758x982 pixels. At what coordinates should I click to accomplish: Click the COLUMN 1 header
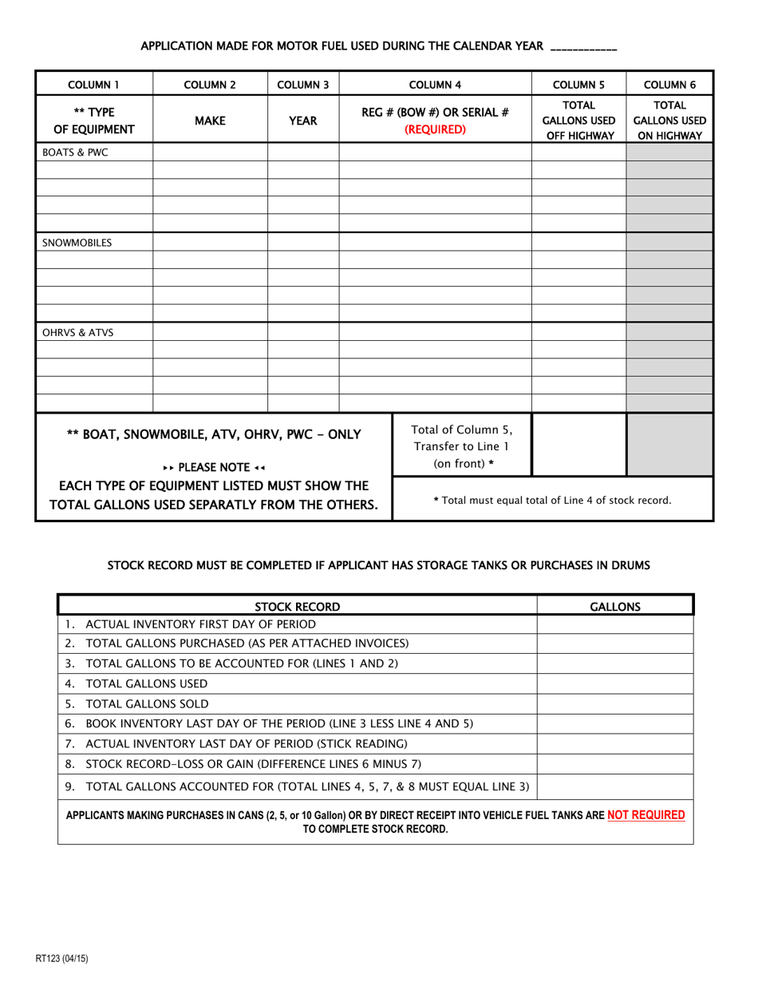[93, 84]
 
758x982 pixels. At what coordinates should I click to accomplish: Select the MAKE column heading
[210, 121]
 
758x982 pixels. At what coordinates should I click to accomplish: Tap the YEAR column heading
[303, 121]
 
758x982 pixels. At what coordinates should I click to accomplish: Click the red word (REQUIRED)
[435, 129]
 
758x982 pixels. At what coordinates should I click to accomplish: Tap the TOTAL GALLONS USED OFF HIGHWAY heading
[578, 121]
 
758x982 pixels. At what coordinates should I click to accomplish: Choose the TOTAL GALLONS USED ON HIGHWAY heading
[669, 121]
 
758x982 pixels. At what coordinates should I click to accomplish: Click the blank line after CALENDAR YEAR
[583, 47]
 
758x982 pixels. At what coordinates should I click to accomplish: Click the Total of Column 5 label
[461, 445]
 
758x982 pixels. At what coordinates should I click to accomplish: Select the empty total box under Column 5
[578, 445]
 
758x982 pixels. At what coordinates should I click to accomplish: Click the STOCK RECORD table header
[297, 606]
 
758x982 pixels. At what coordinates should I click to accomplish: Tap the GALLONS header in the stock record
[614, 606]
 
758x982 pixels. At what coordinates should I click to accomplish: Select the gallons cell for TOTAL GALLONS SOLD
[614, 703]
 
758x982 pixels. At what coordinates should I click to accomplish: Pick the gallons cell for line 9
[614, 786]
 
